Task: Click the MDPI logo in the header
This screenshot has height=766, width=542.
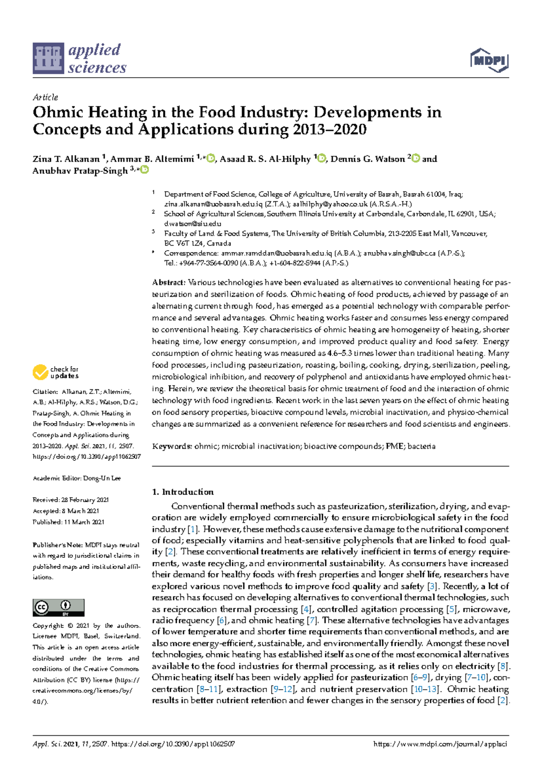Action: [x=489, y=61]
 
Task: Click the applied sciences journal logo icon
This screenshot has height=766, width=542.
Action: [x=48, y=58]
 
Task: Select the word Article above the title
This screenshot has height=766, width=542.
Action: [x=45, y=97]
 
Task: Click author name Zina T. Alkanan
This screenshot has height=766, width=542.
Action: [x=66, y=159]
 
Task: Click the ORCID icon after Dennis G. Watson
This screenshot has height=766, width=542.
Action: [x=416, y=159]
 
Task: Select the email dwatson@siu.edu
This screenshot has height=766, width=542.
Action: [x=192, y=224]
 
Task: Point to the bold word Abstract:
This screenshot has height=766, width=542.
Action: [x=168, y=283]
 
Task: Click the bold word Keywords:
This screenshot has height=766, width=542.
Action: [x=172, y=446]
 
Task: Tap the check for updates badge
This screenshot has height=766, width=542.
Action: [x=56, y=373]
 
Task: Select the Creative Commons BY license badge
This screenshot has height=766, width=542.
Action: [x=58, y=607]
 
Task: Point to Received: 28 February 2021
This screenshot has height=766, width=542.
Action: [x=70, y=500]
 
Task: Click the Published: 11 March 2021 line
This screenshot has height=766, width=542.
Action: [x=68, y=522]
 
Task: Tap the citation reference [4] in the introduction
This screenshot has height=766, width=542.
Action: [x=306, y=609]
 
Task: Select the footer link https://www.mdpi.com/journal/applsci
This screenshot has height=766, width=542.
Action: [x=440, y=744]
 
